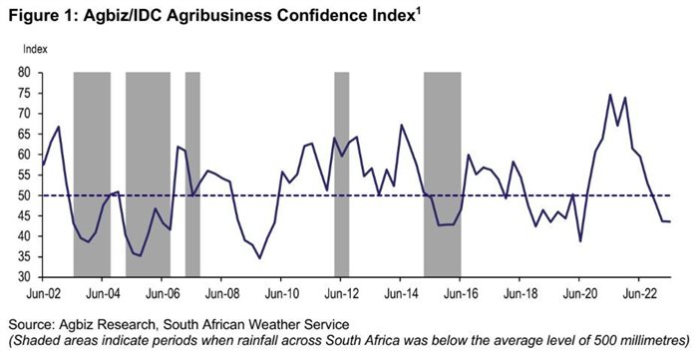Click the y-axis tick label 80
coord(22,73)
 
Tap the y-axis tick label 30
coord(22,277)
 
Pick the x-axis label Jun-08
coord(221,294)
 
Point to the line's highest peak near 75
coord(609,95)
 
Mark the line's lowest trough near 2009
coord(260,258)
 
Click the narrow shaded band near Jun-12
coord(341,175)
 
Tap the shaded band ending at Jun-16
coord(442,175)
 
